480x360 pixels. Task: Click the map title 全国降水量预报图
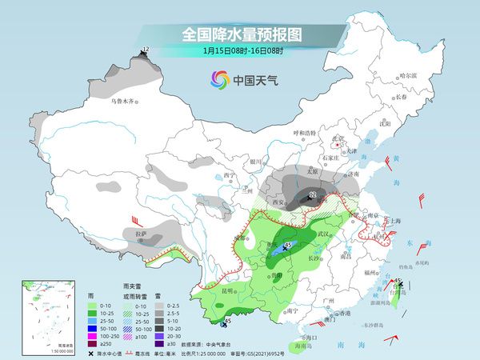(240, 34)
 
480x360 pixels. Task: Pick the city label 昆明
(229, 289)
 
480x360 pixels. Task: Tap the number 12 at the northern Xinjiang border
(145, 50)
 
